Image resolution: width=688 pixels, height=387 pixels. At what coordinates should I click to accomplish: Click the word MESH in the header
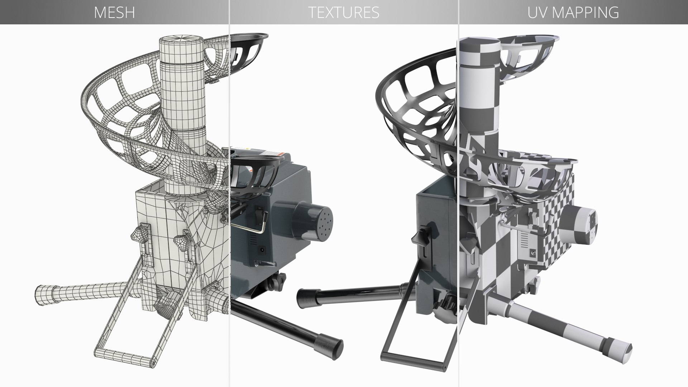coord(114,13)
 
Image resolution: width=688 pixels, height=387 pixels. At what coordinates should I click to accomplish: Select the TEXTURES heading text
coord(344,13)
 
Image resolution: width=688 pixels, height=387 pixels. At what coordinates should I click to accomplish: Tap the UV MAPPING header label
coord(573,13)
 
